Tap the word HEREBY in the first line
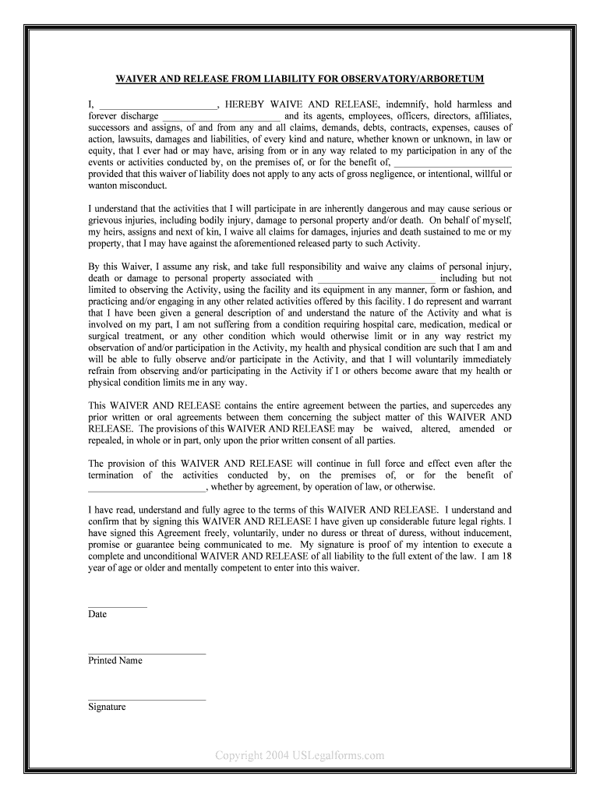[x=246, y=104]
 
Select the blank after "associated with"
[x=377, y=279]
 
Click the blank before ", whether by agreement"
[x=146, y=488]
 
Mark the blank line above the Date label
[x=117, y=606]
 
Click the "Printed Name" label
[x=115, y=661]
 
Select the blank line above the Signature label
[x=146, y=700]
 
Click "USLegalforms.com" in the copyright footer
[x=340, y=755]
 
